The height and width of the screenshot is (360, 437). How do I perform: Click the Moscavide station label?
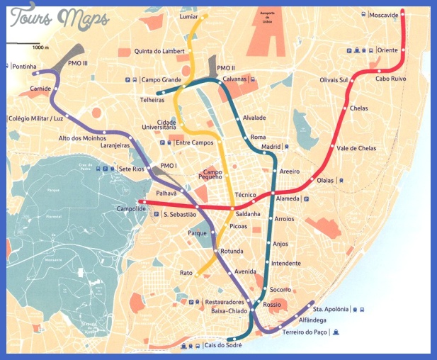click(384, 14)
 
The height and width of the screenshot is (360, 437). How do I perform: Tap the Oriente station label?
click(387, 50)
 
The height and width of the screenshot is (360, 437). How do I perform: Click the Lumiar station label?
click(189, 16)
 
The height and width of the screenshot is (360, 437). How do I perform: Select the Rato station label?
click(186, 273)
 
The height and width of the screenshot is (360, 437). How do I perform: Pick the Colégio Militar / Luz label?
click(35, 119)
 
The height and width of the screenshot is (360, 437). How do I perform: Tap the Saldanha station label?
click(247, 213)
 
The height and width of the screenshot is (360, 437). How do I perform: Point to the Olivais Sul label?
click(334, 80)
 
